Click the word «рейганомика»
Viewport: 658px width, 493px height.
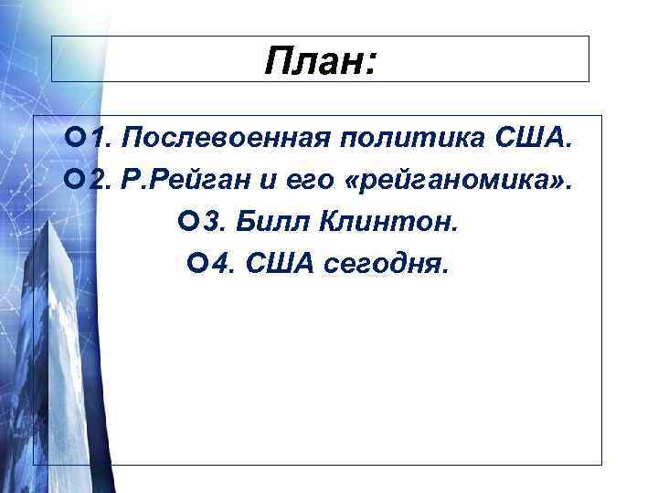tap(462, 181)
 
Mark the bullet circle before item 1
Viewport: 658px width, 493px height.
tap(77, 139)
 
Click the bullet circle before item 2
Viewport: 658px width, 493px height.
tap(77, 181)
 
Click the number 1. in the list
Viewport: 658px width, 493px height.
tap(101, 139)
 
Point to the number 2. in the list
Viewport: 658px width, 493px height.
tap(101, 181)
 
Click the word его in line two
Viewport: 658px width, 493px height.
tap(306, 181)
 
